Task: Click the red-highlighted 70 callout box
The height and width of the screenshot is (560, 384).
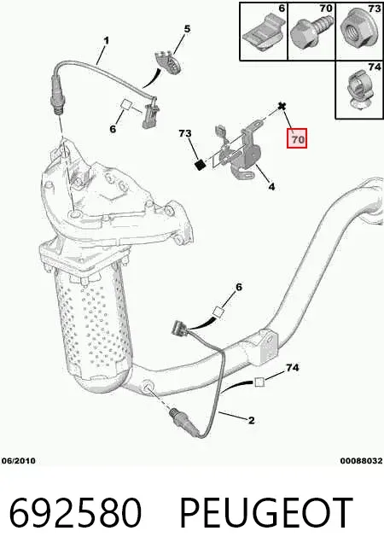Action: pos(297,138)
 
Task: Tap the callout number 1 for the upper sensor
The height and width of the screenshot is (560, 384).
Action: pos(106,41)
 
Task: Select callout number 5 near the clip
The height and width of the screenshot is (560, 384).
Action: pos(188,28)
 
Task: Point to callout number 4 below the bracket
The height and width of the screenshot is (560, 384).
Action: pos(271,186)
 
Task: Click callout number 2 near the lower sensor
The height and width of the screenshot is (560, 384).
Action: pos(251,420)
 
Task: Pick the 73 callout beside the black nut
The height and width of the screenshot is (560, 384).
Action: pos(185,133)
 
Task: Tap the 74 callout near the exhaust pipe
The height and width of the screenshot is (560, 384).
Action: pos(293,367)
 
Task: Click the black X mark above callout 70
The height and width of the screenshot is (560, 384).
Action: pos(282,106)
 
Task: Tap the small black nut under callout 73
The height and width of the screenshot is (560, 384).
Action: pos(201,165)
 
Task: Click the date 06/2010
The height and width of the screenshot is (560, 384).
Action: pos(19,461)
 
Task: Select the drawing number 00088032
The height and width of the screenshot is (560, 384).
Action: pos(361,461)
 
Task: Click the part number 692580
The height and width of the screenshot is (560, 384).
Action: pos(75,512)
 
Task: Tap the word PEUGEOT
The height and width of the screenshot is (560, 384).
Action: pos(266,512)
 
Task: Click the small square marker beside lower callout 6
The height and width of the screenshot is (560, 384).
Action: pos(218,312)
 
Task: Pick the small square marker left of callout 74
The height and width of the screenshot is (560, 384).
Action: pos(259,382)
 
